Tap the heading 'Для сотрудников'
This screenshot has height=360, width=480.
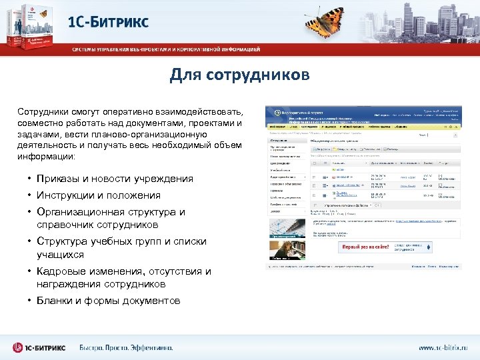239,75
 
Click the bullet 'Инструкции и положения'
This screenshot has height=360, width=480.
99,195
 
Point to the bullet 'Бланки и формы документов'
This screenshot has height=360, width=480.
108,301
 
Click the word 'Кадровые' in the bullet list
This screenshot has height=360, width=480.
59,271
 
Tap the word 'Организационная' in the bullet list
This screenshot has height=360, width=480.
75,212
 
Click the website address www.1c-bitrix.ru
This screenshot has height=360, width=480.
443,347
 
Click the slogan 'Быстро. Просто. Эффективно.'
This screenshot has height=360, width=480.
126,347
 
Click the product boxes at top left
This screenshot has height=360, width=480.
30,24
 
